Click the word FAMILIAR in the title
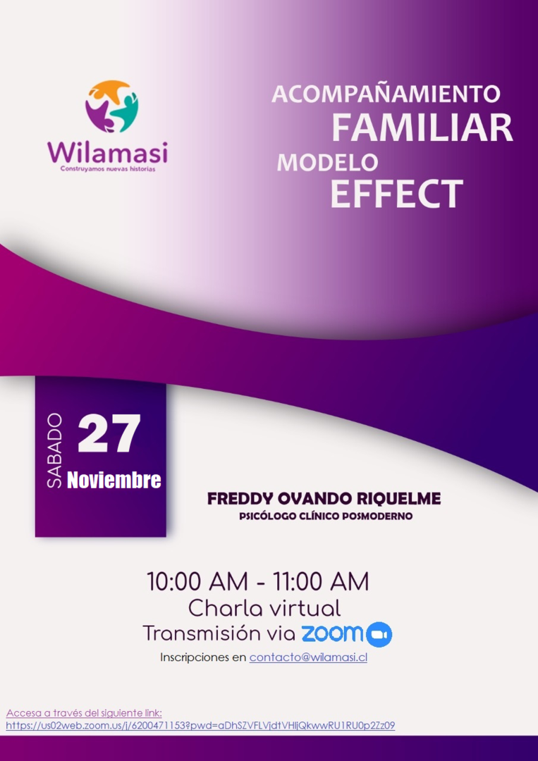pos(422,127)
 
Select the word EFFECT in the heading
pos(396,194)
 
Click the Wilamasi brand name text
pos(108,153)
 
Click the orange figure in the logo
pos(110,92)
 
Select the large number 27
pos(109,433)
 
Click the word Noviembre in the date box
pos(114,480)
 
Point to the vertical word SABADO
pos(54,451)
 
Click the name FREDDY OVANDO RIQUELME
pos(324,498)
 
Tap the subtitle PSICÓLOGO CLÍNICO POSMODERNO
pos(325,516)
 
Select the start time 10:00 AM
pos(197,581)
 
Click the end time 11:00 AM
pos(320,581)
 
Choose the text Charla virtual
pos(264,608)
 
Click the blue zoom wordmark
pos(332,633)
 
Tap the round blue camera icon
pos(379,634)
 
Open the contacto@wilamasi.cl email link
pos(308,657)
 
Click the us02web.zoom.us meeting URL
pos(200,726)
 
